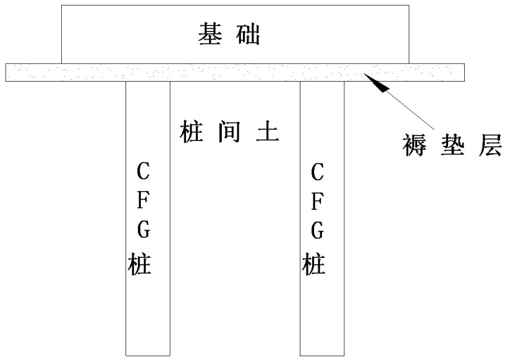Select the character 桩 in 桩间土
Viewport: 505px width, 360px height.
(x=189, y=131)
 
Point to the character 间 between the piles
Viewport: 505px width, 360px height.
(x=228, y=131)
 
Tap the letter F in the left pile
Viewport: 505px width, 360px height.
(x=142, y=202)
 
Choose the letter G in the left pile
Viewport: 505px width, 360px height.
(x=142, y=232)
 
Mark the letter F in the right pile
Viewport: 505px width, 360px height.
(x=317, y=202)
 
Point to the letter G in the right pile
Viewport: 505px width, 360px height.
(x=317, y=232)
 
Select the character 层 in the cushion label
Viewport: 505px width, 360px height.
(x=488, y=147)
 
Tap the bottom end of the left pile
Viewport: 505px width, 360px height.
(x=148, y=354)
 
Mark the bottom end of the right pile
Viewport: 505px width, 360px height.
(x=322, y=354)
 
